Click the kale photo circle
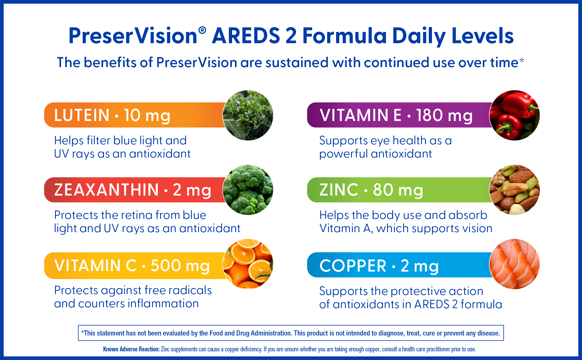[248, 115]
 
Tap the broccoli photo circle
[248, 190]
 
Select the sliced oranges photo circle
[248, 264]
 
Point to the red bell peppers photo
[514, 115]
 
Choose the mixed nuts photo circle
[514, 190]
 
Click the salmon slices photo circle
[514, 264]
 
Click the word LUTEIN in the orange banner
[82, 115]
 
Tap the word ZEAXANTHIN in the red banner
[107, 190]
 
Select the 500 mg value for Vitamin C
[180, 266]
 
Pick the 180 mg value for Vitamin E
[444, 115]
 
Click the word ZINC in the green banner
[339, 190]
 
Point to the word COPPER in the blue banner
[353, 266]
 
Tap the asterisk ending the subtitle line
[522, 60]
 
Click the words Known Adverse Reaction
[131, 349]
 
